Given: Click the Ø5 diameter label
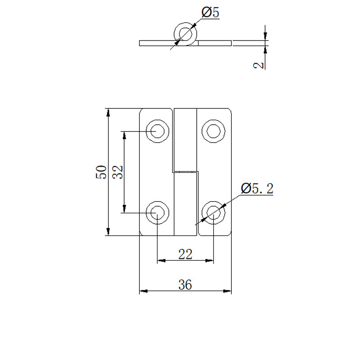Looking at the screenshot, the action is pos(210,13).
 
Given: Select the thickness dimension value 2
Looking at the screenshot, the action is pos(258,65).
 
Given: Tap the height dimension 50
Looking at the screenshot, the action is pos(101,172).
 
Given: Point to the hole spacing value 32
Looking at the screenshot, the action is pos(117,172).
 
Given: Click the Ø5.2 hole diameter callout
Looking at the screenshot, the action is pos(257,189).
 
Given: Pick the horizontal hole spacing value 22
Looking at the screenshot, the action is pos(185,254).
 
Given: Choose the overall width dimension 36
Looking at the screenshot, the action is pos(185,285).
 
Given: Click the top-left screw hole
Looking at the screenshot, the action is pos(157,131).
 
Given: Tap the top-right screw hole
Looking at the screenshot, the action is pos(213,131).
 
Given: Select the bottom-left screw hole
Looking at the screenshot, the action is pos(157,213).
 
